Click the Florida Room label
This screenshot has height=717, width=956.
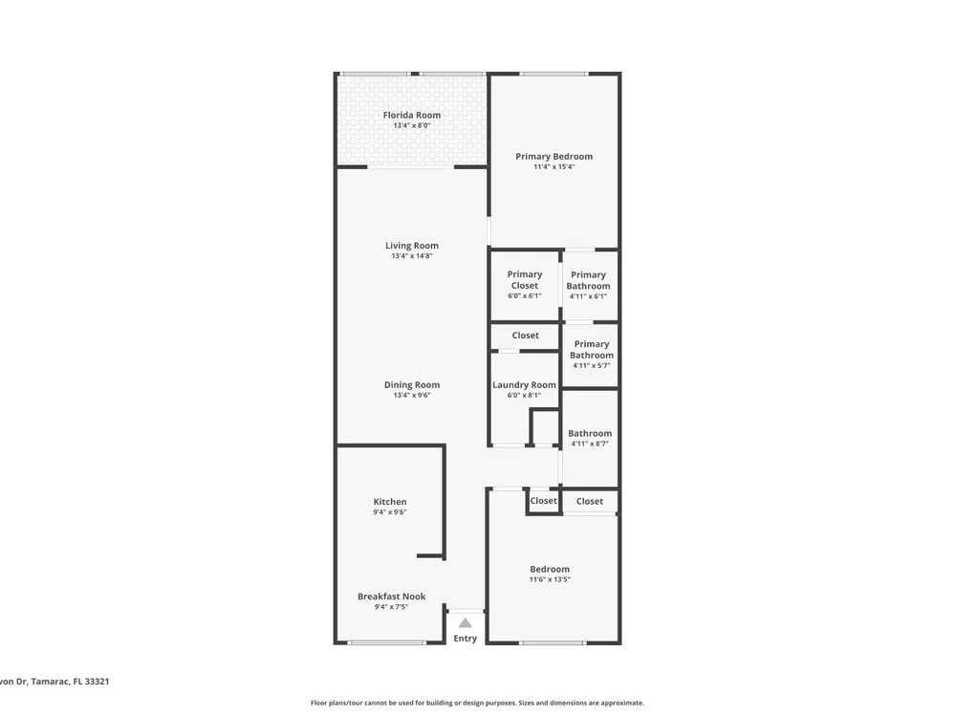(x=411, y=116)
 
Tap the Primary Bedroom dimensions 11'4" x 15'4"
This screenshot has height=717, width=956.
(x=554, y=166)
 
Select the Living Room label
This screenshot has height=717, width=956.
(x=411, y=246)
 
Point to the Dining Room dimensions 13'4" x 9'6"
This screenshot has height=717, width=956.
(x=411, y=395)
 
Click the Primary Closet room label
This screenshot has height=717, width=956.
(x=524, y=280)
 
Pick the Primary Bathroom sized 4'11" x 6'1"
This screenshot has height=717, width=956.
(x=588, y=280)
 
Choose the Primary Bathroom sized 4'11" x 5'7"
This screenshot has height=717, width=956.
(x=592, y=349)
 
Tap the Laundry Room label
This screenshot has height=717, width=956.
(x=524, y=385)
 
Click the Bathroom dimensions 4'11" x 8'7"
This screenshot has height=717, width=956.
(x=590, y=444)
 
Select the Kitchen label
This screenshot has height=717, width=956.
(x=390, y=502)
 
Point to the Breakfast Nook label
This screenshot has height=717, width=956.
(x=391, y=597)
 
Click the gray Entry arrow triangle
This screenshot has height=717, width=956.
(x=466, y=622)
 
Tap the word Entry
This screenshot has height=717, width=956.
(x=466, y=639)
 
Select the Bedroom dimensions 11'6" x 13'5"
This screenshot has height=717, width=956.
(x=550, y=580)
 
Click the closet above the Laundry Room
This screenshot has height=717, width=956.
(x=525, y=336)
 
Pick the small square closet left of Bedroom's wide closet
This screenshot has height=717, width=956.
(x=543, y=501)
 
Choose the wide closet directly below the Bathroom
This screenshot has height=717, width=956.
(x=590, y=501)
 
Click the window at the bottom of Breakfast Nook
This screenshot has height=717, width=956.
(x=386, y=642)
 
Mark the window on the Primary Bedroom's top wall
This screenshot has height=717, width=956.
(x=554, y=74)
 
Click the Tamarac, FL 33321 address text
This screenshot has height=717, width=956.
(x=70, y=682)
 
